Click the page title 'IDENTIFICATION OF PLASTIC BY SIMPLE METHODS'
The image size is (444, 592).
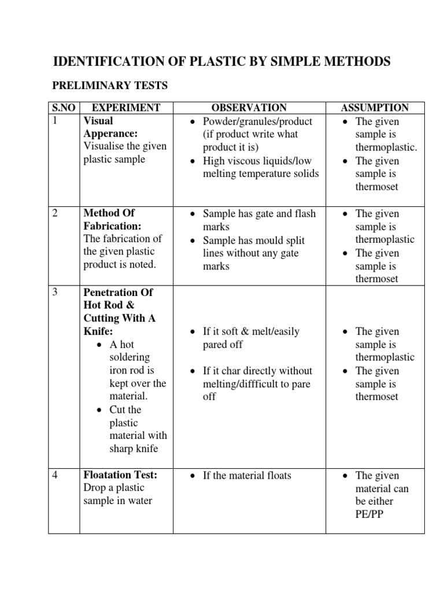(x=221, y=61)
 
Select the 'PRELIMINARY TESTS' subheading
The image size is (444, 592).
(x=110, y=86)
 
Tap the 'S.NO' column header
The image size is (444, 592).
(x=63, y=108)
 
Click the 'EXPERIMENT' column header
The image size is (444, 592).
(x=126, y=108)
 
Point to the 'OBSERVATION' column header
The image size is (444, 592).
(x=249, y=108)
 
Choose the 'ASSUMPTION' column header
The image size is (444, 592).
(x=375, y=108)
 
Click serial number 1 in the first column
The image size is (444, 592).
(x=55, y=121)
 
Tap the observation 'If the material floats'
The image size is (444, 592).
(x=247, y=475)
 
